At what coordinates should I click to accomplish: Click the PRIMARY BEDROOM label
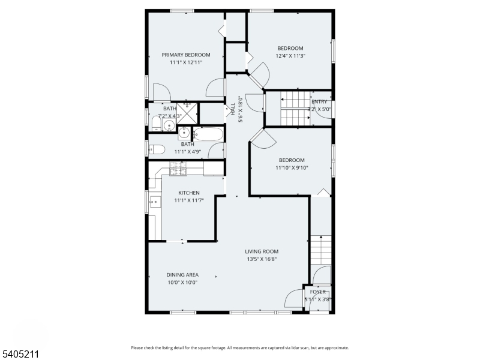(x=186, y=55)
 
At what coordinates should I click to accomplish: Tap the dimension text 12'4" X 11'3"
(x=290, y=56)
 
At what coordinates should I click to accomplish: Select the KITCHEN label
(x=188, y=193)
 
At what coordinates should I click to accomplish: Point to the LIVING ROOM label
(x=262, y=251)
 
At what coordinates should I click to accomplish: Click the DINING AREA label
(x=182, y=275)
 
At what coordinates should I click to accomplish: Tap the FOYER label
(x=318, y=292)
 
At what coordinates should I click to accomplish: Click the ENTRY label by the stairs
(x=319, y=102)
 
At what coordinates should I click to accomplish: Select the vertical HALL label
(x=233, y=109)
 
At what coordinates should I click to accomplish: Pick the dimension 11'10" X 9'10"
(x=291, y=168)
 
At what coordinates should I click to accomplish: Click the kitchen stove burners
(x=178, y=172)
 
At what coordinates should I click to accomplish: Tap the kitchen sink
(x=154, y=202)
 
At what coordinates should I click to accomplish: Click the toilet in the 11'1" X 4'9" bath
(x=156, y=149)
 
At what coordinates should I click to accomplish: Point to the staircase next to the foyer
(x=322, y=249)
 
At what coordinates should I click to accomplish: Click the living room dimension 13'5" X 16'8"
(x=262, y=259)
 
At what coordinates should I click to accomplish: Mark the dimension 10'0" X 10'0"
(x=182, y=282)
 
